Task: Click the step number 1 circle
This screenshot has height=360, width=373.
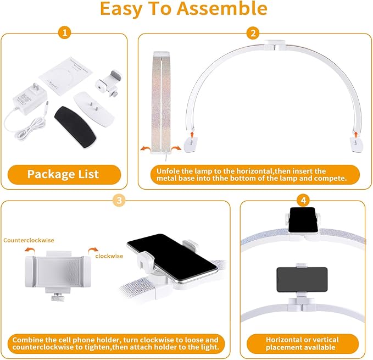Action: coord(65,32)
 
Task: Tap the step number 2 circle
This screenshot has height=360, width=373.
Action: coord(253,33)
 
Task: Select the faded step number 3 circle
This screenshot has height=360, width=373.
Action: coord(119,201)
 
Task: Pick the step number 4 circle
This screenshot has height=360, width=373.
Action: coord(303,201)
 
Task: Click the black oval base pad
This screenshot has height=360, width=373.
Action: coord(75,127)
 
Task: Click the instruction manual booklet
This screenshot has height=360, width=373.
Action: coord(66,76)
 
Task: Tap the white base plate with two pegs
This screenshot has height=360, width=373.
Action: coord(93,108)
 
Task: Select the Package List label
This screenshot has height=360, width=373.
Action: coord(63,174)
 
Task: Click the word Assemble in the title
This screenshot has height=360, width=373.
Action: coord(222,8)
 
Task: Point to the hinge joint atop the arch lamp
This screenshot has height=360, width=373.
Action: coord(275,45)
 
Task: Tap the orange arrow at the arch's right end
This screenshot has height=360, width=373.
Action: coord(356,135)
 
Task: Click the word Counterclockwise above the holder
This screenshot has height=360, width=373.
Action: coord(29,240)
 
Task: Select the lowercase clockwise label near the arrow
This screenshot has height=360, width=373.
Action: coord(109,256)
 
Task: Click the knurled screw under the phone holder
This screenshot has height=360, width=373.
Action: coord(58,297)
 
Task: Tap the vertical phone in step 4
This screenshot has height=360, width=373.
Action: coord(303,220)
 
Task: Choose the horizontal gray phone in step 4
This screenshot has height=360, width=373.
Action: coord(302,280)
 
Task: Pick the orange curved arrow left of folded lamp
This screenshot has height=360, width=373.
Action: coord(145,149)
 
